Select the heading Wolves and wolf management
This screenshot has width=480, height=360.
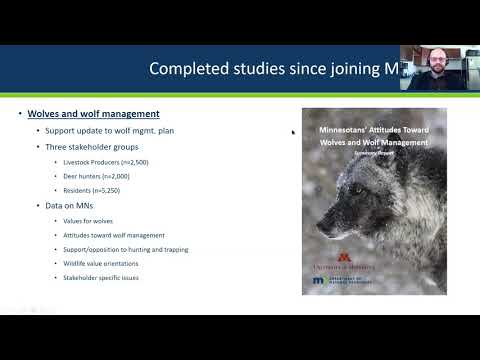click(x=93, y=114)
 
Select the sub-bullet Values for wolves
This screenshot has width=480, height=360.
click(x=87, y=220)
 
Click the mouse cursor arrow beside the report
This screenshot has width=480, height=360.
click(x=293, y=132)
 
